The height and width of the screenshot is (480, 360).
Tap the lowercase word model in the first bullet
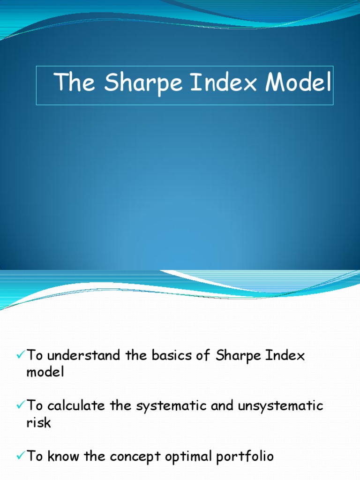point(45,373)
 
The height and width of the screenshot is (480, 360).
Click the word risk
point(39,422)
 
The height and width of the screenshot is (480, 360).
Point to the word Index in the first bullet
point(285,356)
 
